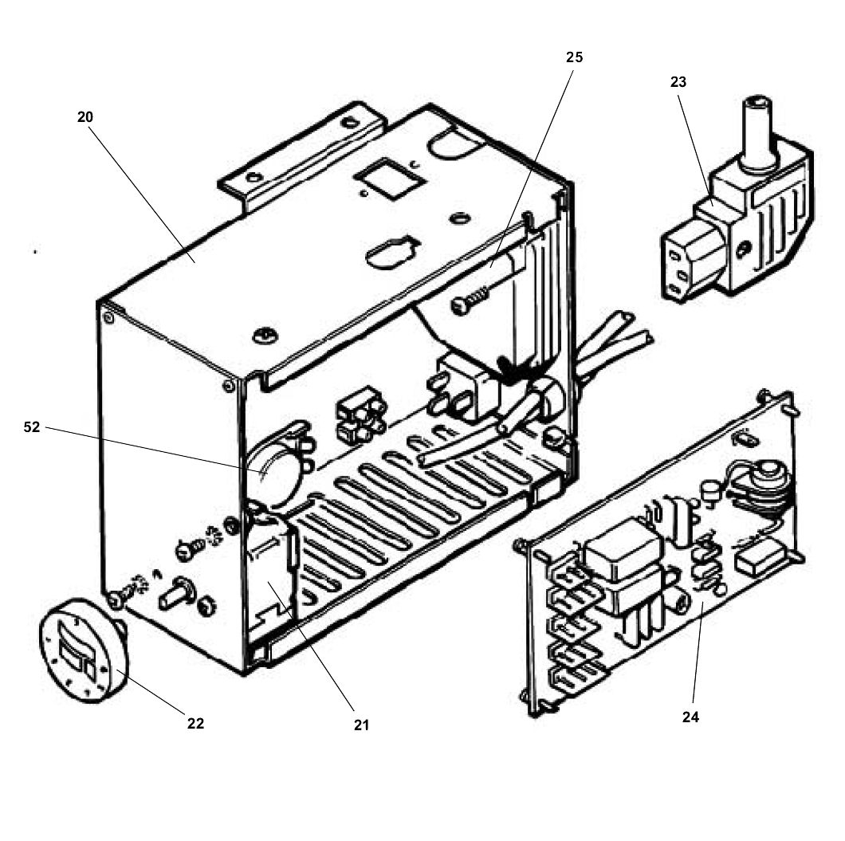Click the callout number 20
click(85, 117)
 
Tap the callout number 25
click(575, 57)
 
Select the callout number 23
click(678, 81)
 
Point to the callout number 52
click(32, 427)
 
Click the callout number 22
click(195, 723)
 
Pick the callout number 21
click(361, 725)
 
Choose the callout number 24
click(690, 717)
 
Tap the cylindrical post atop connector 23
click(756, 131)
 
